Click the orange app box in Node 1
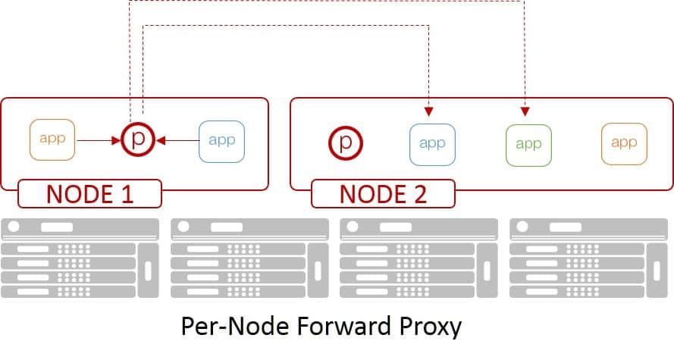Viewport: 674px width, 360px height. click(52, 139)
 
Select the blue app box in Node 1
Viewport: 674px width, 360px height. click(221, 139)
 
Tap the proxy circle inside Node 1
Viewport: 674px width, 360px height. click(138, 139)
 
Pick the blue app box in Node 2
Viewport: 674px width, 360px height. click(431, 142)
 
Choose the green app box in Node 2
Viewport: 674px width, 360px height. click(528, 142)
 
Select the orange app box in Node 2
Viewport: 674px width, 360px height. click(623, 142)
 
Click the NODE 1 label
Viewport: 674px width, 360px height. click(89, 193)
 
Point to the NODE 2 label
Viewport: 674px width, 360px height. click(383, 193)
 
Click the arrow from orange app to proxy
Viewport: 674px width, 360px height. click(99, 140)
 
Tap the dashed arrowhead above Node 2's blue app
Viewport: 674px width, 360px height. click(429, 112)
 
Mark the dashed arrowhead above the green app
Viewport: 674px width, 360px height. click(525, 112)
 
